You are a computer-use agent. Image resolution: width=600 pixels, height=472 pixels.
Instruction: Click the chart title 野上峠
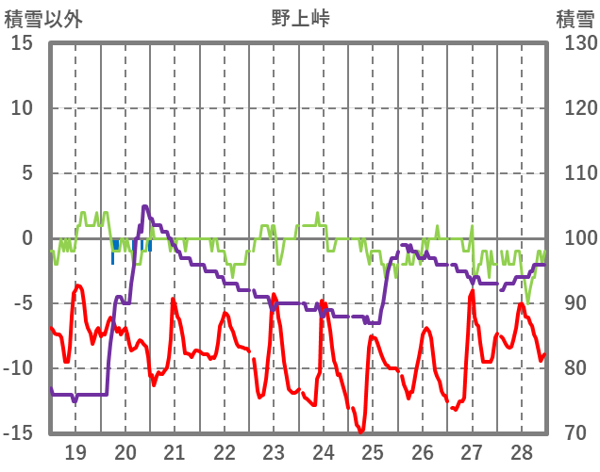pyautogui.click(x=300, y=18)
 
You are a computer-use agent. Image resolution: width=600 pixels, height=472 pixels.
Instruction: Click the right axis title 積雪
pyautogui.click(x=575, y=18)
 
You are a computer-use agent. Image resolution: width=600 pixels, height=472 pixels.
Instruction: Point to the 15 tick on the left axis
pyautogui.click(x=23, y=43)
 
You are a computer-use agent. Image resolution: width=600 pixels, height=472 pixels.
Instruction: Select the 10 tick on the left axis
pyautogui.click(x=23, y=108)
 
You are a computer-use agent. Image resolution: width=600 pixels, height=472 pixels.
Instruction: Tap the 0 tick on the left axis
pyautogui.click(x=27, y=238)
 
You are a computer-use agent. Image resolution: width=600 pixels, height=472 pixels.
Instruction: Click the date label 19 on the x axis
pyautogui.click(x=75, y=451)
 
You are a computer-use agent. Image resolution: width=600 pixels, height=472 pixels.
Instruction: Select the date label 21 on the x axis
pyautogui.click(x=175, y=451)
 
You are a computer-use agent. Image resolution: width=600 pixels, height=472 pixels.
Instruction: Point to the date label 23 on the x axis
pyautogui.click(x=274, y=451)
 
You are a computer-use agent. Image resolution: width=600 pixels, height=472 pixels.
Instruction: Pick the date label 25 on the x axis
pyautogui.click(x=373, y=451)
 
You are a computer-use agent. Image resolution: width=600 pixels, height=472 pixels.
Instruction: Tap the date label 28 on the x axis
pyautogui.click(x=522, y=451)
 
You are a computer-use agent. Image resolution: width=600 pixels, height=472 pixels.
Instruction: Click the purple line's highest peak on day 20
pyautogui.click(x=145, y=206)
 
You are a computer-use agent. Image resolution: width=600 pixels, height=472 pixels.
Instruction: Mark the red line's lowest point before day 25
pyautogui.click(x=360, y=432)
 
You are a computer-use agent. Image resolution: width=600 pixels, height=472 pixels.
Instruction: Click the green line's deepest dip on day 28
pyautogui.click(x=527, y=301)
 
